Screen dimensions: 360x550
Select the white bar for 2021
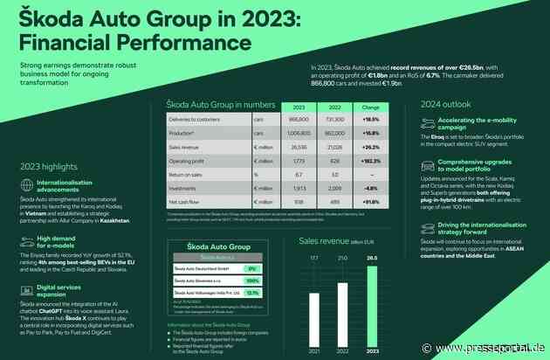pyautogui.click(x=314, y=307)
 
